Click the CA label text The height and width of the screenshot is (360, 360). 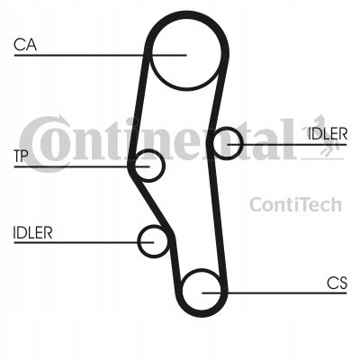[x=25, y=45]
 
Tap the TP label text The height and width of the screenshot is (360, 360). [x=21, y=157]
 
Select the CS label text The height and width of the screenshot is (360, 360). [x=337, y=283]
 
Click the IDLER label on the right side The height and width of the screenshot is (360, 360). [x=328, y=134]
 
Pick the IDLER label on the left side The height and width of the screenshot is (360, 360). [x=32, y=233]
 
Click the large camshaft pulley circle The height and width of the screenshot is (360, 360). [x=186, y=89]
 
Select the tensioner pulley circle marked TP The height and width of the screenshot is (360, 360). [x=163, y=166]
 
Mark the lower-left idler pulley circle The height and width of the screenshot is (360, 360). [x=139, y=241]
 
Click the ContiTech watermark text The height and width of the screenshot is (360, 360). [x=295, y=204]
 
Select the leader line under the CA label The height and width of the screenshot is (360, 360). [x=101, y=55]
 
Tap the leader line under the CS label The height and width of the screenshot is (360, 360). [x=274, y=292]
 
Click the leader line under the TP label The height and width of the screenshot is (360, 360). [x=82, y=166]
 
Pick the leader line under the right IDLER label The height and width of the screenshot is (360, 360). [x=287, y=145]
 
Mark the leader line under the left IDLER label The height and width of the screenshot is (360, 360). [x=84, y=242]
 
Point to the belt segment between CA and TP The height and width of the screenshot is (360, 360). [x=138, y=108]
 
